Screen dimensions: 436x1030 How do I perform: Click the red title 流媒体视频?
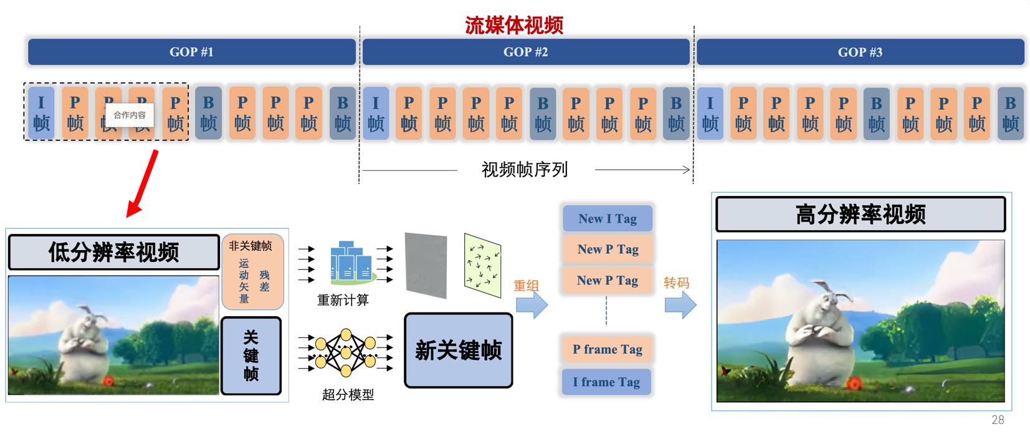pos(514,25)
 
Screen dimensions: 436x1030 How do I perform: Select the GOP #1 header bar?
pos(191,52)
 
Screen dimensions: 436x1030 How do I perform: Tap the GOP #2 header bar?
pos(525,52)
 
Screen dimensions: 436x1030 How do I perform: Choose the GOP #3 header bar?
pos(860,52)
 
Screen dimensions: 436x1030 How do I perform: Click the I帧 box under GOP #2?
pos(376,113)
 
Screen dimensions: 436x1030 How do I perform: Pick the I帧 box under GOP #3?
pos(710,113)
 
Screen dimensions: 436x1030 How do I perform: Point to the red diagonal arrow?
pos(143,183)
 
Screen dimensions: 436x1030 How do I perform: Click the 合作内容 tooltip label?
pos(130,115)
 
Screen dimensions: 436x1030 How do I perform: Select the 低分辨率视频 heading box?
pos(113,253)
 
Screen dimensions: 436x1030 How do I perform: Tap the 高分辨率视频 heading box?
pos(860,215)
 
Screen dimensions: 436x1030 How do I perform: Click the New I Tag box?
pos(608,219)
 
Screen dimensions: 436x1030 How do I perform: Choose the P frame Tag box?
pos(608,349)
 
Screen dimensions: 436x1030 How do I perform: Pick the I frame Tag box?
pos(606,382)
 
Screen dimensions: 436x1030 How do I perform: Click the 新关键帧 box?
pos(459,351)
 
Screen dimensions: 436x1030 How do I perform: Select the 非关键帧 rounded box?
pos(252,272)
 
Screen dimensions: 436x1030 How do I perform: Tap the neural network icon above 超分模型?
pos(346,352)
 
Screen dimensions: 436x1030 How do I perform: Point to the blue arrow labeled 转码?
pos(680,305)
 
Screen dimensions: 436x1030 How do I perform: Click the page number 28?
pos(998,420)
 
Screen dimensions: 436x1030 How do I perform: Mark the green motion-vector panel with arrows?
pos(482,265)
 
